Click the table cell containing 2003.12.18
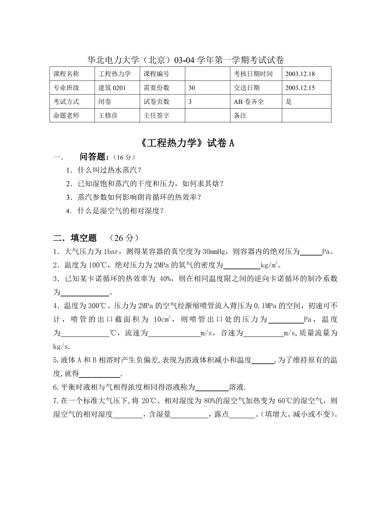(306, 74)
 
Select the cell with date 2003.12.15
(306, 88)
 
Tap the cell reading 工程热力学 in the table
(117, 74)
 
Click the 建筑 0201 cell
(117, 88)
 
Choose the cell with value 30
(207, 88)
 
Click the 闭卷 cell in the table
(117, 101)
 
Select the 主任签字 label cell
(162, 115)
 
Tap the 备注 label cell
(256, 115)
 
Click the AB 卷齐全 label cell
(256, 101)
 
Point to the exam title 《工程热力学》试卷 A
(185, 143)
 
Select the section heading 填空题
(84, 238)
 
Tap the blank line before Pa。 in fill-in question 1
(311, 254)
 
